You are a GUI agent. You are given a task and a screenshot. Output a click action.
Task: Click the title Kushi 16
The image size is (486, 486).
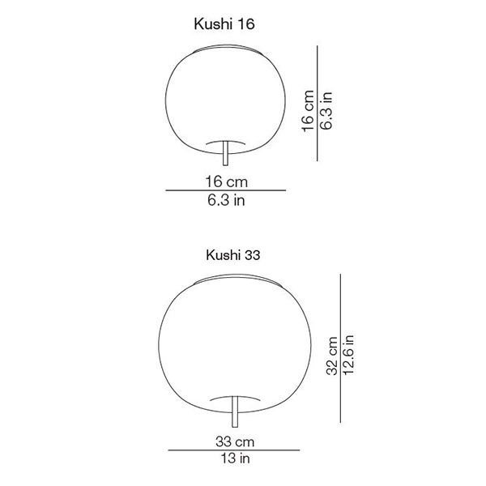click(x=224, y=23)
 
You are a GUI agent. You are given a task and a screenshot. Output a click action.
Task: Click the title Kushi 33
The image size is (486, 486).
click(x=232, y=255)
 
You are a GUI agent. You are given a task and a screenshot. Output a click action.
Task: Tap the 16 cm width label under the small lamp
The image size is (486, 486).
click(x=226, y=181)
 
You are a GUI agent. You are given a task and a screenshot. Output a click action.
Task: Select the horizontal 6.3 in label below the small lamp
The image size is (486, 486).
click(x=226, y=200)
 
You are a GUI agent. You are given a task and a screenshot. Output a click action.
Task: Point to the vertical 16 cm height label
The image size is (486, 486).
click(x=308, y=111)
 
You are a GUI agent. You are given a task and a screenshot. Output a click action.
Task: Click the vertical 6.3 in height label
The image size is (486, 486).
click(x=326, y=110)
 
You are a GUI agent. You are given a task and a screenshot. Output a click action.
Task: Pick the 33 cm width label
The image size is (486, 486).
click(x=235, y=441)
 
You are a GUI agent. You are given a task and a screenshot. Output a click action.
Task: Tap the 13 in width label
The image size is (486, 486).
click(x=235, y=458)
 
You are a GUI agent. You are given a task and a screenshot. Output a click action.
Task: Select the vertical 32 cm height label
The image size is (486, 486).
click(x=332, y=356)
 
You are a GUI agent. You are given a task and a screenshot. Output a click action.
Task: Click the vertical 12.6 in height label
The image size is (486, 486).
click(x=348, y=356)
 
